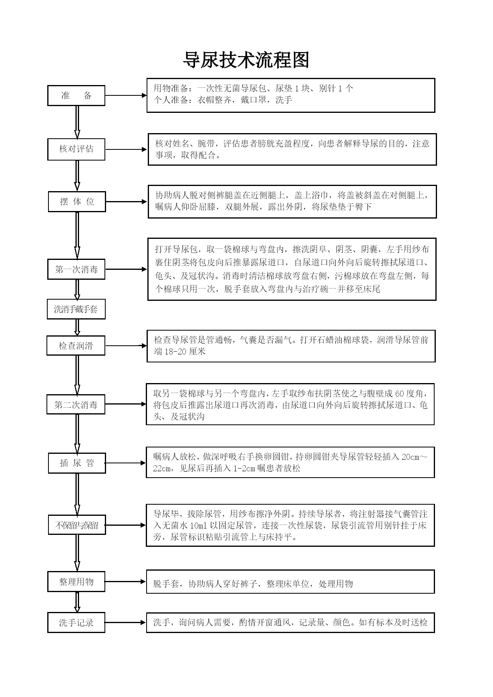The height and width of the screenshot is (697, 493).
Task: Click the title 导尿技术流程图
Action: click(x=246, y=60)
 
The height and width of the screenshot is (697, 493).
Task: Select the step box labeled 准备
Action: click(x=76, y=95)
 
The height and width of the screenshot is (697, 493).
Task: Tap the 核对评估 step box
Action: click(x=76, y=149)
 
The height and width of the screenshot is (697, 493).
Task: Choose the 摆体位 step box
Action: click(x=77, y=201)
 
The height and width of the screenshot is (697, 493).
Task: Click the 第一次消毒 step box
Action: click(x=77, y=269)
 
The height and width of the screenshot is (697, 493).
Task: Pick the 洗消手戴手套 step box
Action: click(x=76, y=309)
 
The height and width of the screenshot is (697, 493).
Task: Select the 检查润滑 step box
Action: click(x=76, y=346)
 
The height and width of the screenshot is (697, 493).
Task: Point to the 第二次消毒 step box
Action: click(x=76, y=405)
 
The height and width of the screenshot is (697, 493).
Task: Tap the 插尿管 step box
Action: click(x=77, y=463)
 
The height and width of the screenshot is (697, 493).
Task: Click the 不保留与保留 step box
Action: click(x=77, y=525)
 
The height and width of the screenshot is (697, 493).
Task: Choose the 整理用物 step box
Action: click(x=76, y=582)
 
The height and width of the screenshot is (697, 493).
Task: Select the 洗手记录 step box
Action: click(x=76, y=623)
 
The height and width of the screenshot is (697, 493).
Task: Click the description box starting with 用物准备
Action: click(x=291, y=95)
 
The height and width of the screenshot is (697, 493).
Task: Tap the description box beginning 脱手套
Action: click(x=290, y=582)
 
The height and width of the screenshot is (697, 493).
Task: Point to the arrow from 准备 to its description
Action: click(x=126, y=95)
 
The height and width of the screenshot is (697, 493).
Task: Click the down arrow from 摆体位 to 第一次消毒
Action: click(x=77, y=236)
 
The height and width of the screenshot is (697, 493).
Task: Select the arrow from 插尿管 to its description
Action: click(x=126, y=463)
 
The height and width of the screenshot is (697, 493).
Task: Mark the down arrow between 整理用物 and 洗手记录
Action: click(x=77, y=602)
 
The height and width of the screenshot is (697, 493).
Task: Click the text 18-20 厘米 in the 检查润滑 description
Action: click(x=185, y=352)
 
